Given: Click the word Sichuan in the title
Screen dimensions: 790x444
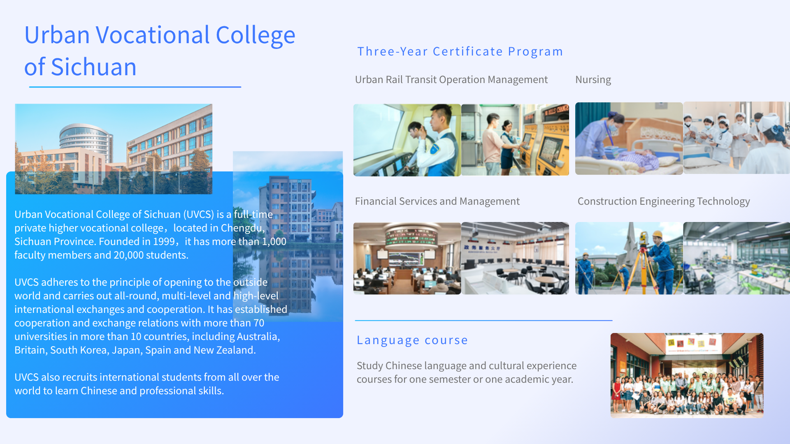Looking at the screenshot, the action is tap(93, 67).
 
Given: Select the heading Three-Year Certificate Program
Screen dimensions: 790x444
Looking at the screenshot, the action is tap(460, 51).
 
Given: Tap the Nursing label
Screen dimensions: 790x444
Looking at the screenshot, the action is tap(593, 79).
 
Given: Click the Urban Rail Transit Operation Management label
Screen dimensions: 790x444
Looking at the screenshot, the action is tap(451, 79).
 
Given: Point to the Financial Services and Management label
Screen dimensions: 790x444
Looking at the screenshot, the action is tap(437, 201).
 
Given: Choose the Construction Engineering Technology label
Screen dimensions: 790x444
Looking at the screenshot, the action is tap(664, 201).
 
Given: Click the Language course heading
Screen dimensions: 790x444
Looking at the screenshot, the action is tap(412, 340).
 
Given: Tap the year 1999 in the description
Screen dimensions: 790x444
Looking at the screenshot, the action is tap(164, 241).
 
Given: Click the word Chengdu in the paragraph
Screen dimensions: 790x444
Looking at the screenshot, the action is tap(242, 228).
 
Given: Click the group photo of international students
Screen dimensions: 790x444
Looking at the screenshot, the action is tap(687, 375).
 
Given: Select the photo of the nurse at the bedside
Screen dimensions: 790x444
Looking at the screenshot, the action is tap(629, 139).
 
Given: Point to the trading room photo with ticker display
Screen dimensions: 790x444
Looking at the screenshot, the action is tap(407, 258).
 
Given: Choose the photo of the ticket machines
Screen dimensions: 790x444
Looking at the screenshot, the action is tap(515, 140).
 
